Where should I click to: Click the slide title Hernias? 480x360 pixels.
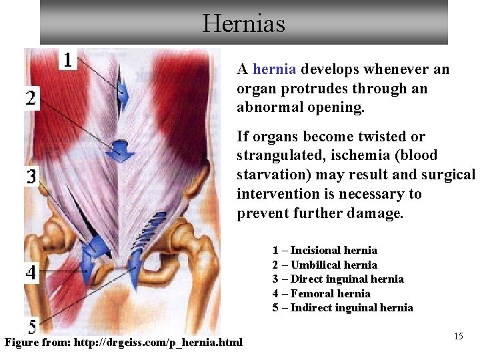coord(244,24)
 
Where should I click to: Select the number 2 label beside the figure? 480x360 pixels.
coord(31,99)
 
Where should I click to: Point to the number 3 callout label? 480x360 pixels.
coord(31,177)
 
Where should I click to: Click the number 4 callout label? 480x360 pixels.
coord(31,272)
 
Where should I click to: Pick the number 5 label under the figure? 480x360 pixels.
coord(31,327)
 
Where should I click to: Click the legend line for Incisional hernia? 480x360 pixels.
coord(325,251)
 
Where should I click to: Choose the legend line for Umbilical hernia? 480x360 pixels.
coord(325,265)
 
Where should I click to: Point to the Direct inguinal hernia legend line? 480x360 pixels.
coord(338,279)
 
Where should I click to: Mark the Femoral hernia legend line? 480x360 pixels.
coord(321,293)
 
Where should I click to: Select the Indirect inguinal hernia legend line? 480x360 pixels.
coord(343,308)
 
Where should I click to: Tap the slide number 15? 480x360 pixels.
coord(458,336)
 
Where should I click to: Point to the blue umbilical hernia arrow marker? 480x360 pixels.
coord(121,150)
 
